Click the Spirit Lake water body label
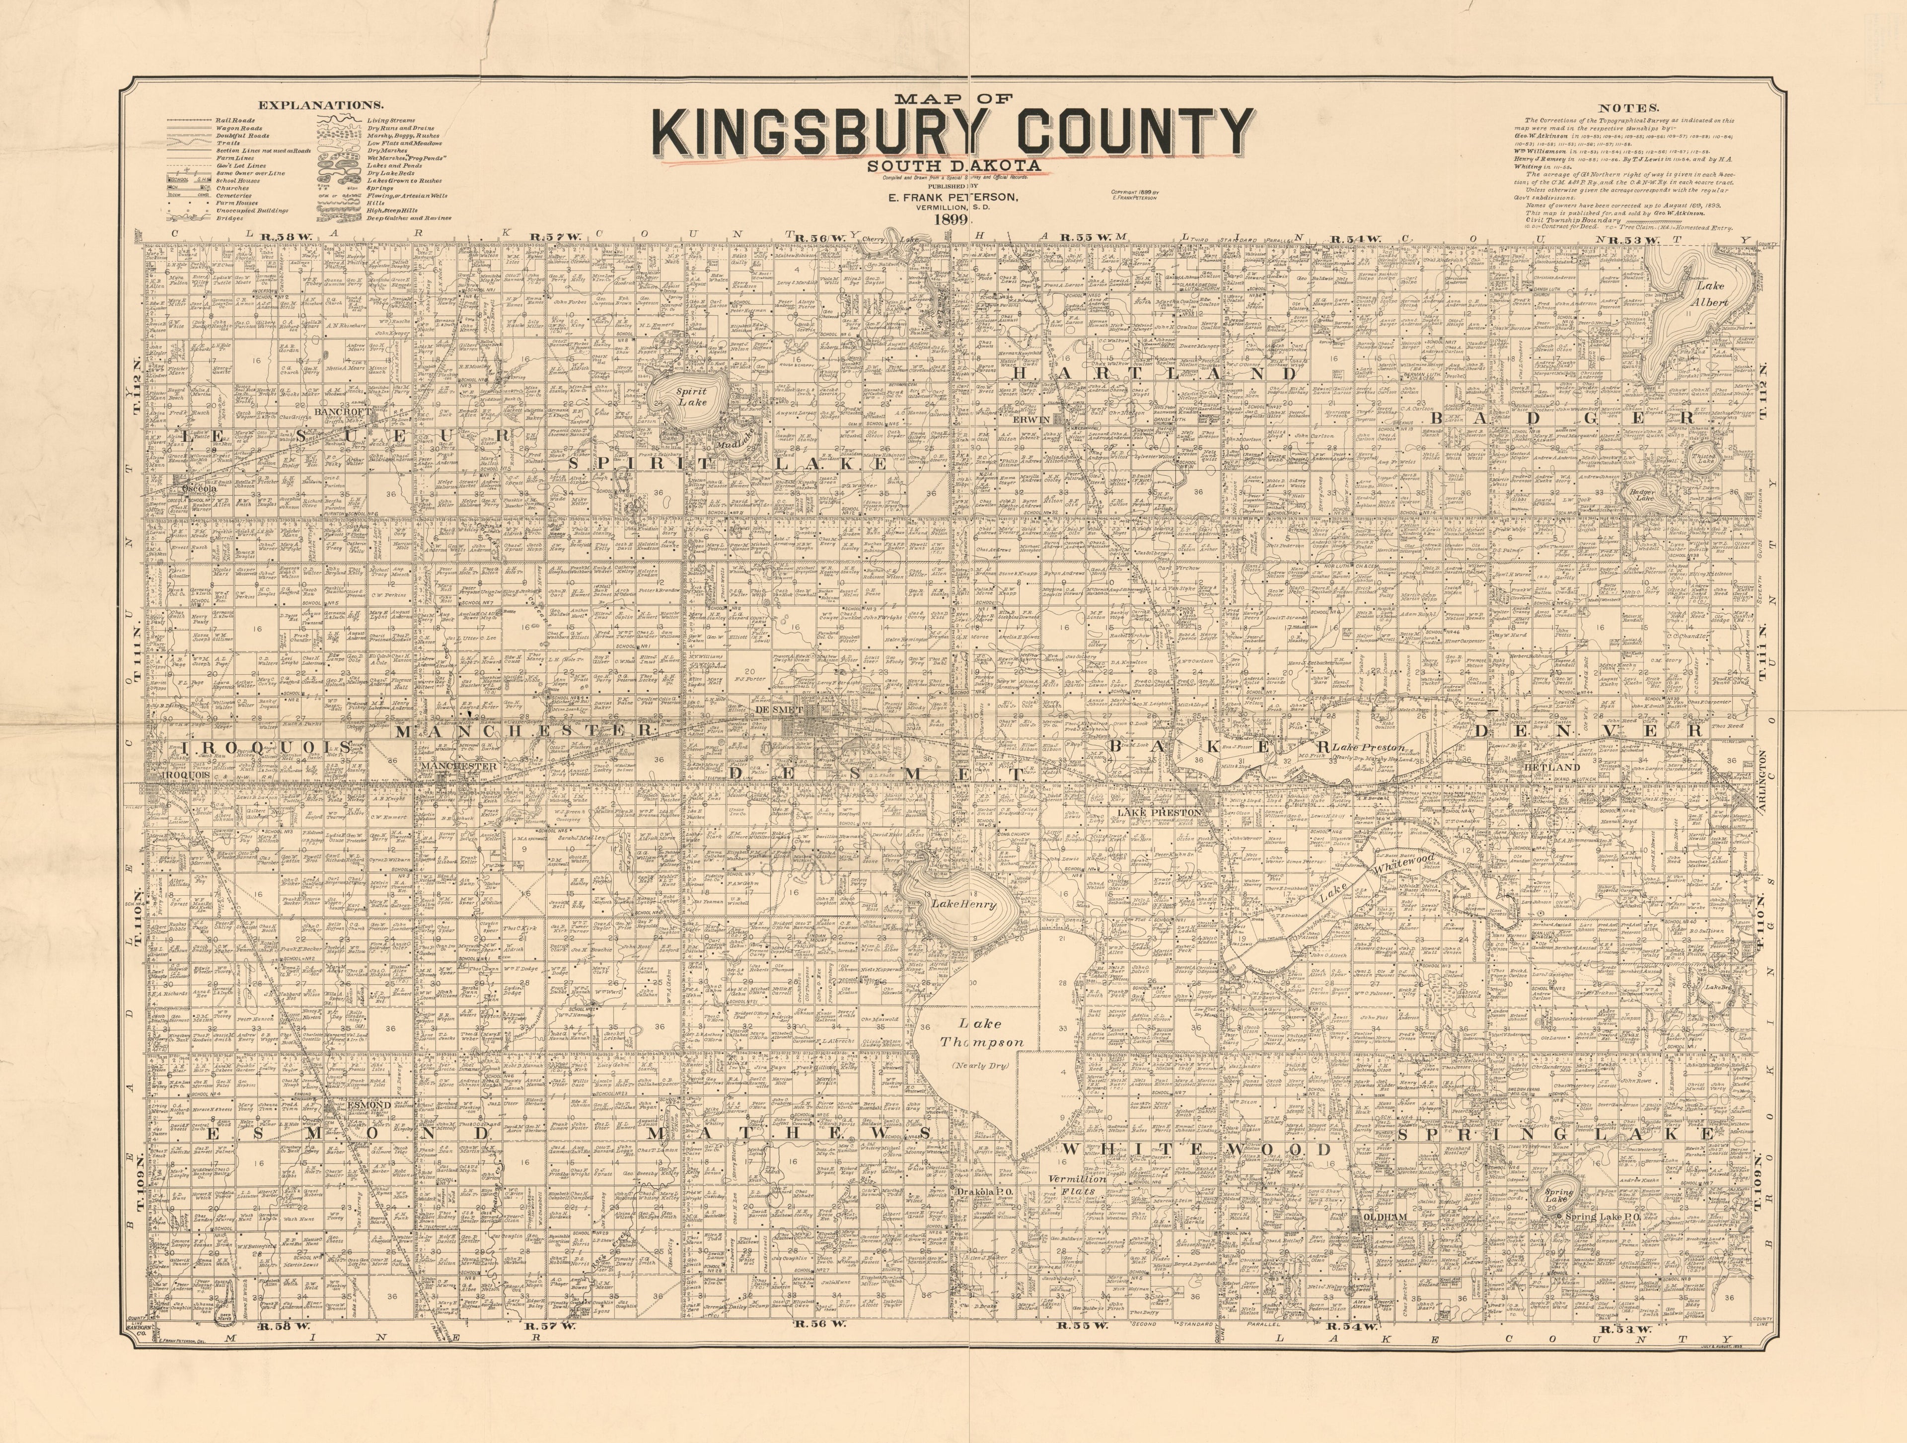pyautogui.click(x=691, y=397)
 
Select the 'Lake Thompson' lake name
pyautogui.click(x=982, y=1033)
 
